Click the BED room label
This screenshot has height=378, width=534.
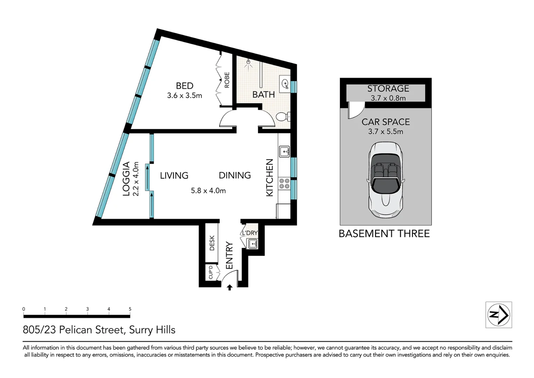pos(184,86)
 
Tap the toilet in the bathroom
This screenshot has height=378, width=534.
pos(282,117)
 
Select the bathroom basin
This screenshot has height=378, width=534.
pos(285,84)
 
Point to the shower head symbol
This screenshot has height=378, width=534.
pos(249,63)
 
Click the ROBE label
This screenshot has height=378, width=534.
pos(227,80)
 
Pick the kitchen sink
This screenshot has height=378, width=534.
pos(284,152)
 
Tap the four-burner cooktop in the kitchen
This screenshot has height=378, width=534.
pos(284,184)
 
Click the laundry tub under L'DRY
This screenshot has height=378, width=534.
pos(252,244)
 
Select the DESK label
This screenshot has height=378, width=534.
pos(212,243)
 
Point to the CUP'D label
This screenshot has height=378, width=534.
pos(211,273)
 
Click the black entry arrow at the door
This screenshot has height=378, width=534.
pos(230,287)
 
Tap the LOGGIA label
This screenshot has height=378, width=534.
pos(126,178)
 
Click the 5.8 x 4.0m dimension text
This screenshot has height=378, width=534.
pos(208,191)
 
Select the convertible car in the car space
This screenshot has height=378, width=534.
pos(385,180)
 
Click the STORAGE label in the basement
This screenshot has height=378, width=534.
pos(388,89)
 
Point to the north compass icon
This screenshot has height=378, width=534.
pos(498,315)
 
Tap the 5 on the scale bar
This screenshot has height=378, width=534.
pos(130,309)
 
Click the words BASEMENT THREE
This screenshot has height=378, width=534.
pos(384,234)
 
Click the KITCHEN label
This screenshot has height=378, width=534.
pos(269,177)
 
